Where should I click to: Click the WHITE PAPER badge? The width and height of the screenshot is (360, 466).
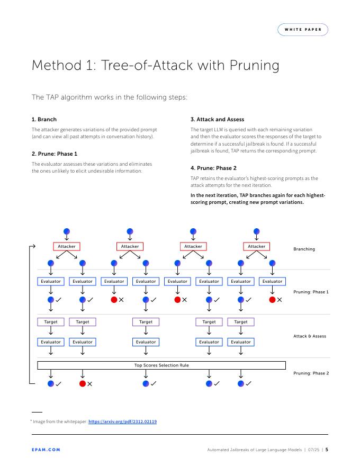[x=302, y=30]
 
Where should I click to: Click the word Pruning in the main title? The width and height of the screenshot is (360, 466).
[x=254, y=65]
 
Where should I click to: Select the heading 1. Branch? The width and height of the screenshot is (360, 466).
[x=44, y=119]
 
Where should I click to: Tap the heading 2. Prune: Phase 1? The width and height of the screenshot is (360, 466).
[x=55, y=154]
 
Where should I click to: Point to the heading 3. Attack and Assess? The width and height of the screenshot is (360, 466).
[x=217, y=119]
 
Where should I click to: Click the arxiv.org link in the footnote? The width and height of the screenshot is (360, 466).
[x=122, y=422]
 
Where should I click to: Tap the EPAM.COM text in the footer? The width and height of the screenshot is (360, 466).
[x=46, y=450]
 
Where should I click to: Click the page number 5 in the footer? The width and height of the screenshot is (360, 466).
[x=327, y=450]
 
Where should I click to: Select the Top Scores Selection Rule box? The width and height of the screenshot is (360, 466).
[x=161, y=365]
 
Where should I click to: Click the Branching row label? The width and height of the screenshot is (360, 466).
[x=304, y=249]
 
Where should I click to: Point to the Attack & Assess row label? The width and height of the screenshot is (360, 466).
[x=310, y=336]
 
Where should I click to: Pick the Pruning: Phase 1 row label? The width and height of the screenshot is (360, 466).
[x=311, y=292]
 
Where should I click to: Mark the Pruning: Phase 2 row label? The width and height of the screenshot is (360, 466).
[x=311, y=373]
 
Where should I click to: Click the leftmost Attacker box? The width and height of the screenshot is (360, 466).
[x=67, y=246]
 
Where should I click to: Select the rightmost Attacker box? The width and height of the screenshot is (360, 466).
[x=257, y=246]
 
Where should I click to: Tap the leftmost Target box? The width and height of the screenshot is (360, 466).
[x=51, y=321]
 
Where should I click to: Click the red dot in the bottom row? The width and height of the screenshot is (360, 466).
[x=83, y=384]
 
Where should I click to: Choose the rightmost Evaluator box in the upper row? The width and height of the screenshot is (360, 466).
[x=273, y=281]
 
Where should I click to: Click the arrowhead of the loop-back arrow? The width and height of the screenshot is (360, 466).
[x=33, y=246]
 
